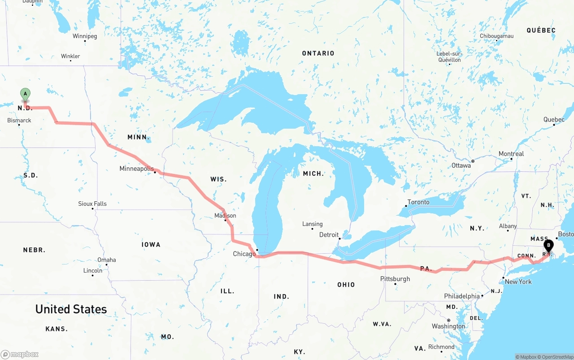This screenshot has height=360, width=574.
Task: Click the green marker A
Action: tap(26, 95)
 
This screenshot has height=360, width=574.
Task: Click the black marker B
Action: tap(548, 246)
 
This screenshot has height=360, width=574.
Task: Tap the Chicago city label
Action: tap(244, 254)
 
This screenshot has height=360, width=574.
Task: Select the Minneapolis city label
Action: tap(136, 169)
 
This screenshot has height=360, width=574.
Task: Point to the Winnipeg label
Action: tap(85, 36)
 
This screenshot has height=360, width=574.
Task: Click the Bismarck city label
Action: tap(19, 121)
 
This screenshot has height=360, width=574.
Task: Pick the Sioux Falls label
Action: tap(92, 204)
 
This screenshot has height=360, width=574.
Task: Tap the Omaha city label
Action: tap(107, 260)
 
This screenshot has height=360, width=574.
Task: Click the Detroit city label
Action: tap(329, 235)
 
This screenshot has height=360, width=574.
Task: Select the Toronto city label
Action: tap(418, 202)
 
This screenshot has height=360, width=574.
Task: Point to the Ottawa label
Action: tap(461, 165)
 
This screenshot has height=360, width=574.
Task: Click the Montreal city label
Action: tap(511, 154)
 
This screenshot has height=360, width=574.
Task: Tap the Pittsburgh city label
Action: tap(395, 279)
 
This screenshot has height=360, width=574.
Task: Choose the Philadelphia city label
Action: tap(461, 296)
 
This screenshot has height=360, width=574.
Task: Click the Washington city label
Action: tap(448, 326)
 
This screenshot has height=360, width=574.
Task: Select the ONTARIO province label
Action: tap(318, 53)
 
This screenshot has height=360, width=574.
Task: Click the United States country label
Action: tap(71, 309)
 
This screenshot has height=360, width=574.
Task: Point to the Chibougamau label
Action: tap(496, 36)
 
